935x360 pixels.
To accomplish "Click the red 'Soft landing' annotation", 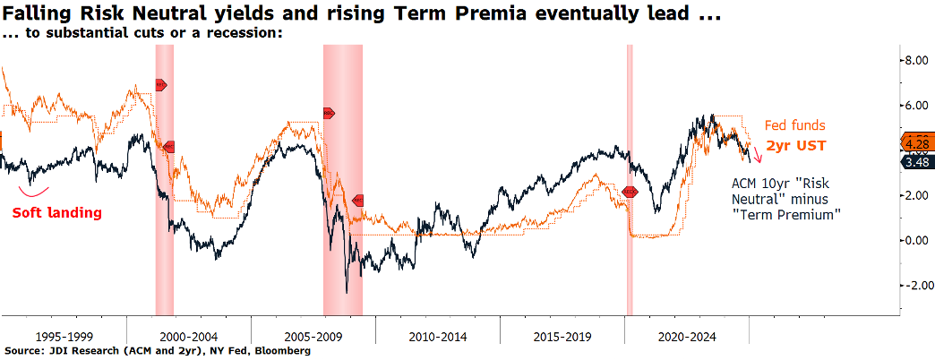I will [x=56, y=213].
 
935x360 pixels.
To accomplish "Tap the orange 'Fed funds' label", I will [x=795, y=126].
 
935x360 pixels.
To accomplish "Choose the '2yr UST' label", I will [x=795, y=144].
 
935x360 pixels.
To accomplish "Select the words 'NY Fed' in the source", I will [x=227, y=351].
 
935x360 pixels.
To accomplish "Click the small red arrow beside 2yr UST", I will [x=757, y=154].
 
